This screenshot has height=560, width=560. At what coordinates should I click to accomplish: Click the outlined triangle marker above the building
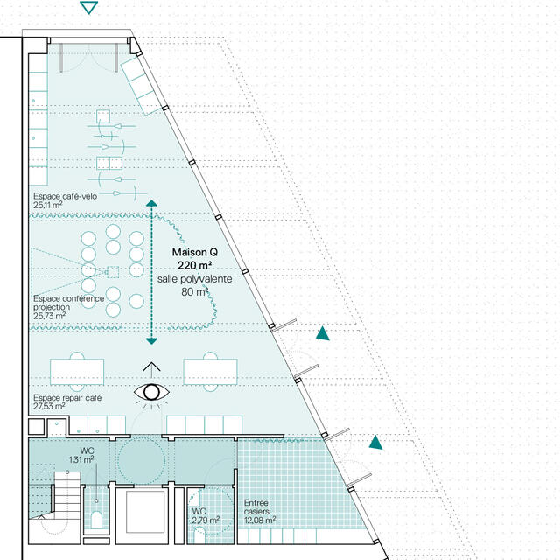[x=88, y=8]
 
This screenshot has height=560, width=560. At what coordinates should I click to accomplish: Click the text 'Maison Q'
[x=194, y=252]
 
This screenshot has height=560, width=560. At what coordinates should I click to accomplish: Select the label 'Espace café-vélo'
[x=65, y=196]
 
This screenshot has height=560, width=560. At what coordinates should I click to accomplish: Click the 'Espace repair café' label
[x=67, y=397]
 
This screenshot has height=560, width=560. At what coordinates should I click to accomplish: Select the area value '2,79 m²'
[x=207, y=521]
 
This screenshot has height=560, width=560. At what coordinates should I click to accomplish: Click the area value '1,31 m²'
[x=81, y=459]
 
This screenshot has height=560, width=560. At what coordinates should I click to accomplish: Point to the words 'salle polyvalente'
[x=194, y=278]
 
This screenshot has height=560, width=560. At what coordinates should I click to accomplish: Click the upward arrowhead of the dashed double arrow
[x=151, y=204]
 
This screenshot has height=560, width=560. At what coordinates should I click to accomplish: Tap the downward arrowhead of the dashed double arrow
[x=151, y=339]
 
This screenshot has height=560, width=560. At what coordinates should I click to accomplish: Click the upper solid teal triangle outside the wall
[x=323, y=333]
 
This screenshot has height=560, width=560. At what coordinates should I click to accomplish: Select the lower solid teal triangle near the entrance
[x=375, y=443]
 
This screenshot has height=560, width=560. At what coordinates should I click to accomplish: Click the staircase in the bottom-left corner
[x=66, y=495]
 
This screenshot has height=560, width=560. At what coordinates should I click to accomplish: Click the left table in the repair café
[x=78, y=371]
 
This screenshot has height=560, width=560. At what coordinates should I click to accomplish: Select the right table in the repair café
[x=211, y=371]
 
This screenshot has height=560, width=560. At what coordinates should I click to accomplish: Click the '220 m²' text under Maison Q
[x=194, y=265]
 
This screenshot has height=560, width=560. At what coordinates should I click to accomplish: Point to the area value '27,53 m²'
[x=50, y=407]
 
